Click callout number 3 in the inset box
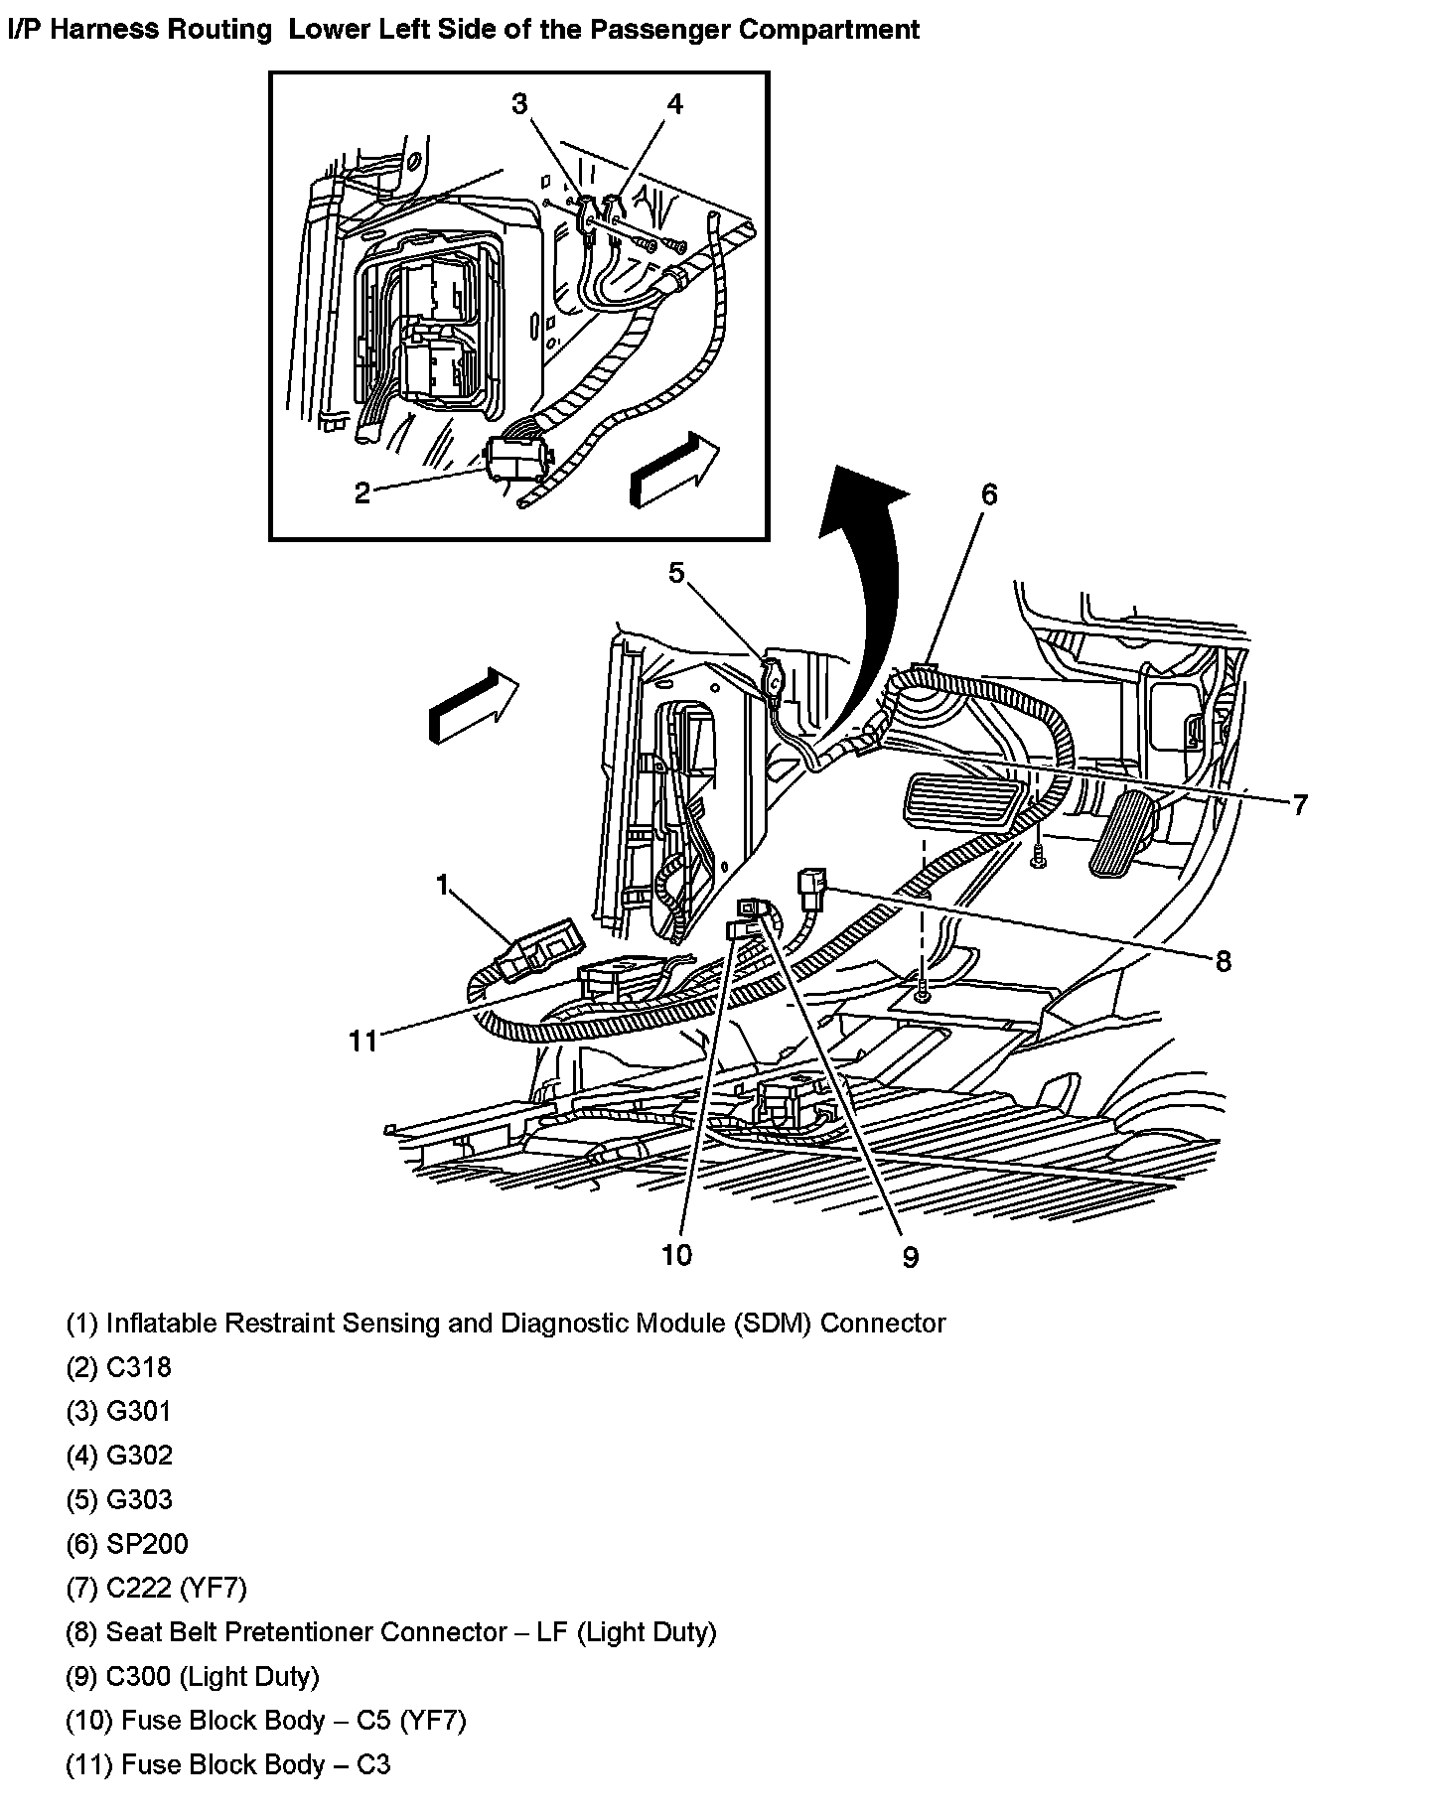[x=519, y=104]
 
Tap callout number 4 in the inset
[x=674, y=104]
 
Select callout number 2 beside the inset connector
[x=362, y=492]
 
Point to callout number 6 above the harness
[x=988, y=494]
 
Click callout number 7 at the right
[x=1299, y=804]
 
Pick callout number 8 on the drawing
[x=1223, y=960]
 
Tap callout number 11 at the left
[x=362, y=1041]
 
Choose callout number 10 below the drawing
[x=676, y=1255]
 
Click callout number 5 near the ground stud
[x=676, y=573]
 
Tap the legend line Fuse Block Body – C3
[x=228, y=1764]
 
